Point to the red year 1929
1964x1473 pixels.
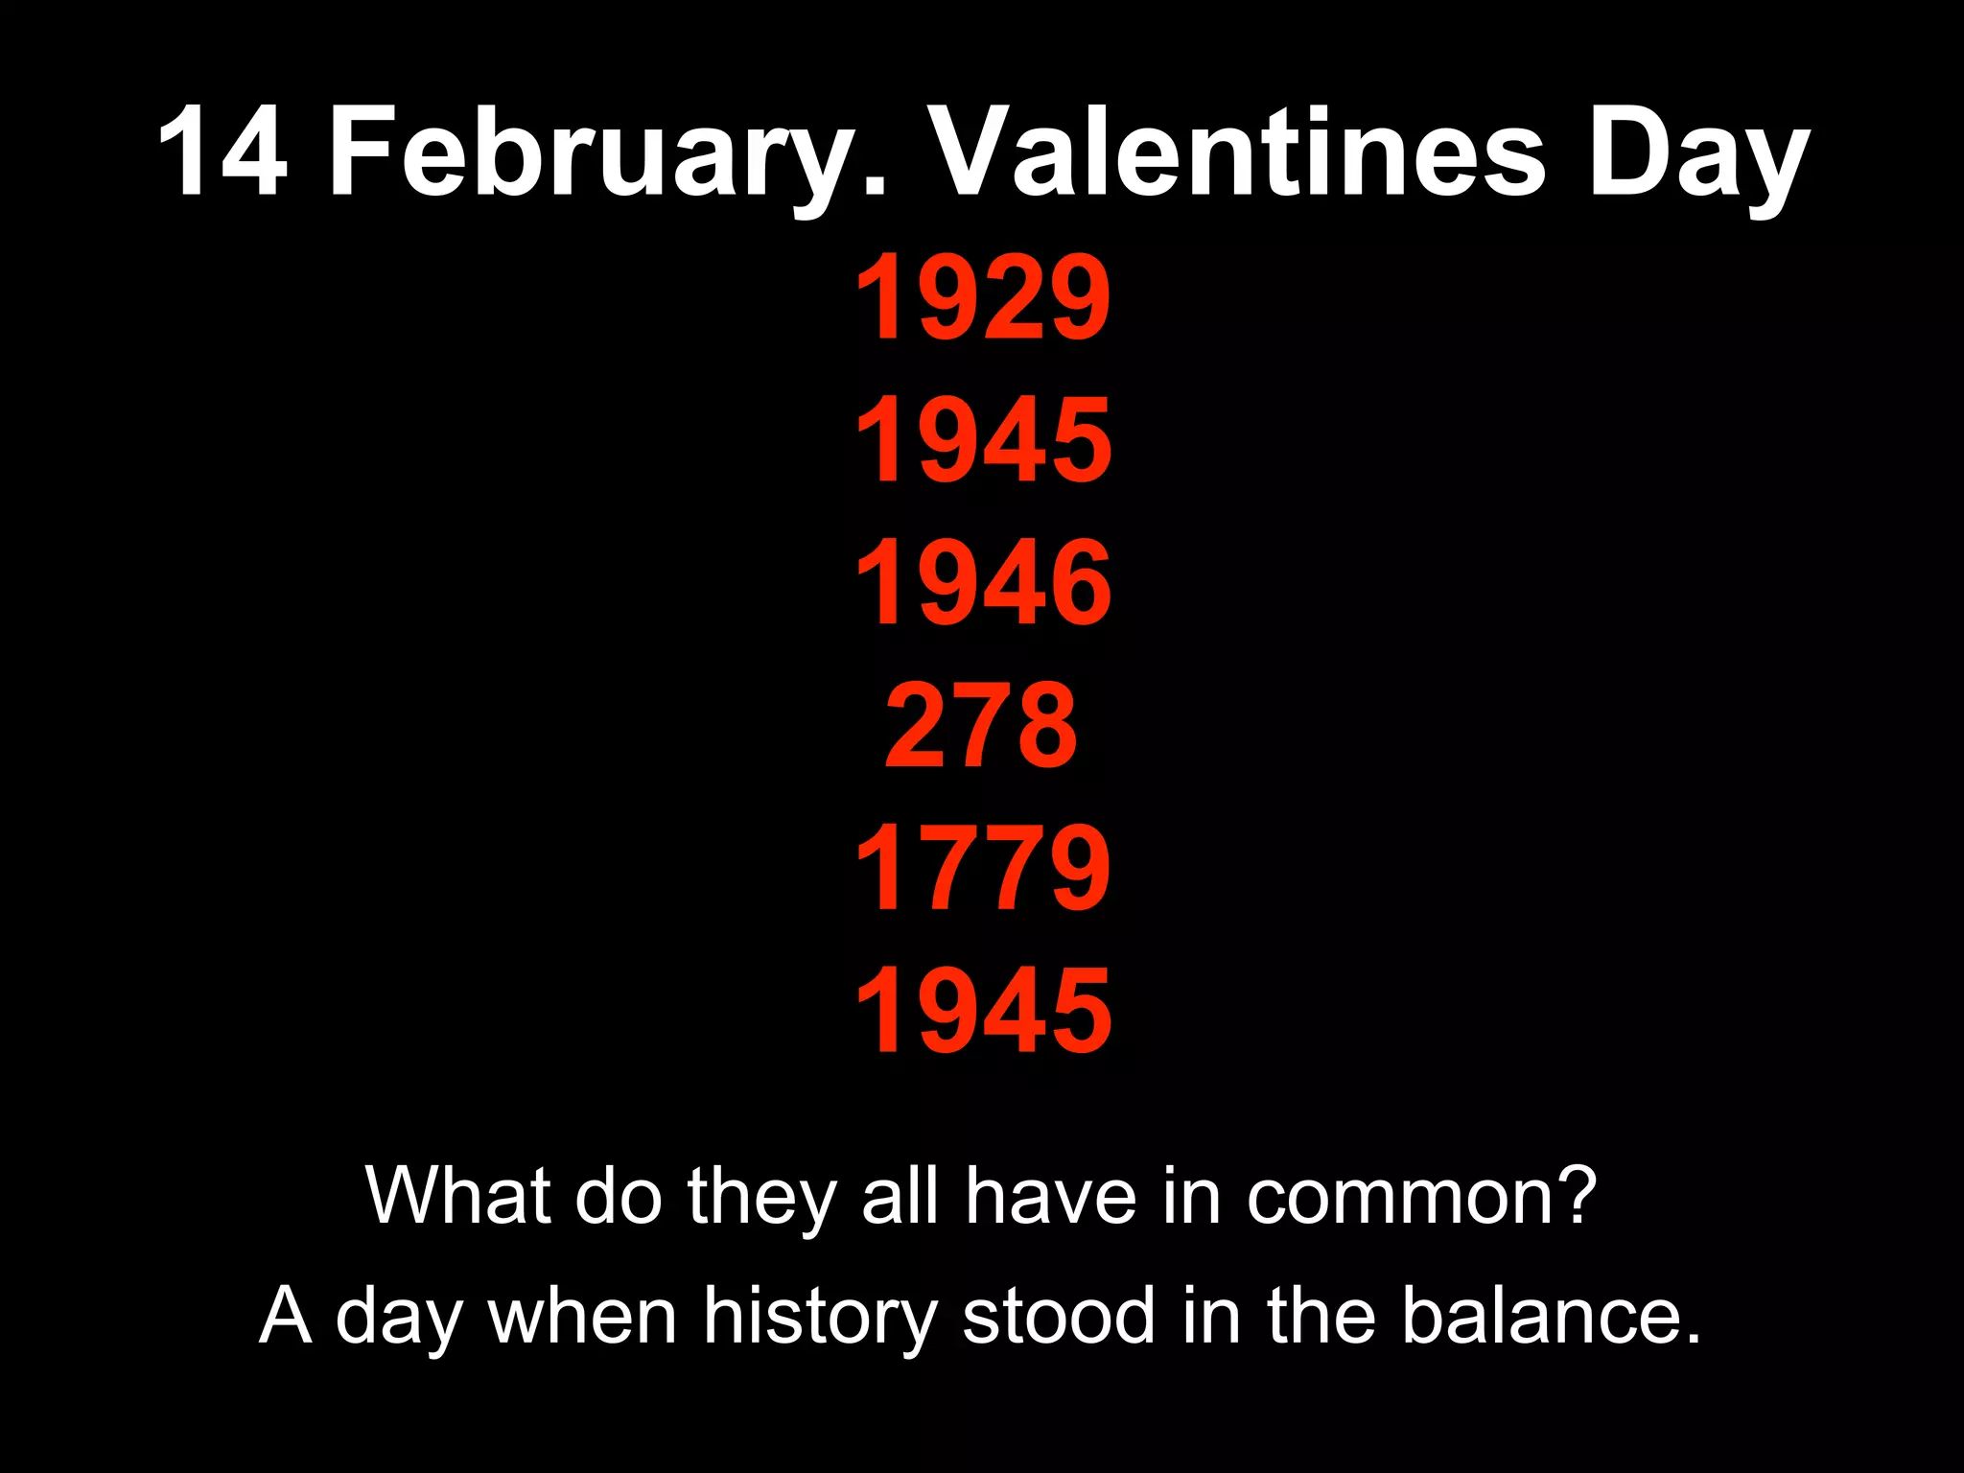point(983,297)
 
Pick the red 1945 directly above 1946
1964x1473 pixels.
point(983,440)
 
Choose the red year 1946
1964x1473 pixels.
point(983,582)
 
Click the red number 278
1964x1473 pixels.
point(982,724)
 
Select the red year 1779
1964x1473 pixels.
point(983,867)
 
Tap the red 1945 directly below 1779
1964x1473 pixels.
point(983,1009)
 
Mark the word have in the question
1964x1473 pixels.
point(1050,1195)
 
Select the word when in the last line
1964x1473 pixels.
point(582,1316)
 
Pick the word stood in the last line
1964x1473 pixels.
point(1058,1316)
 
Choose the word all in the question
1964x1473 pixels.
point(900,1195)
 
